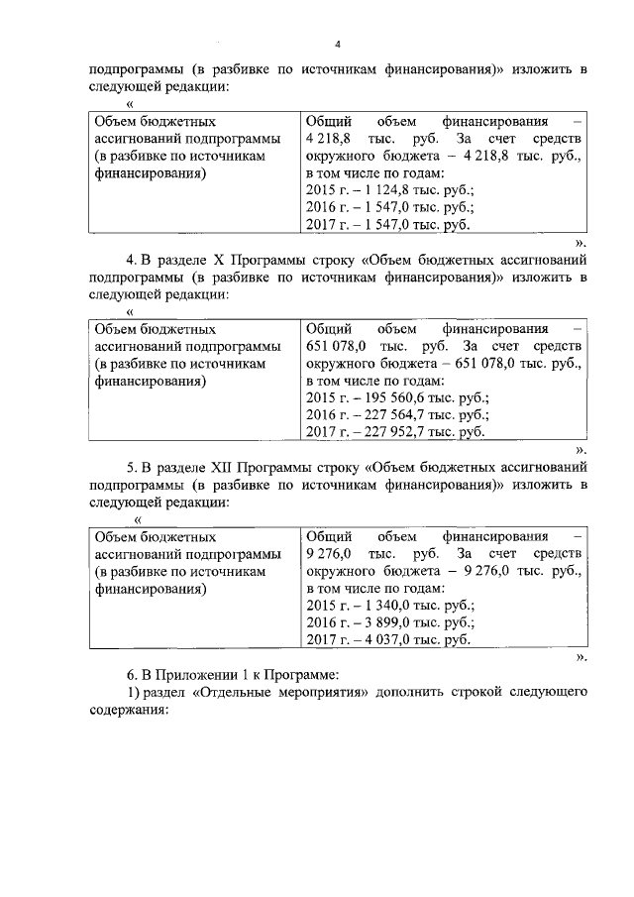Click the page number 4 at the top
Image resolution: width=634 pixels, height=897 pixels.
click(337, 45)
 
